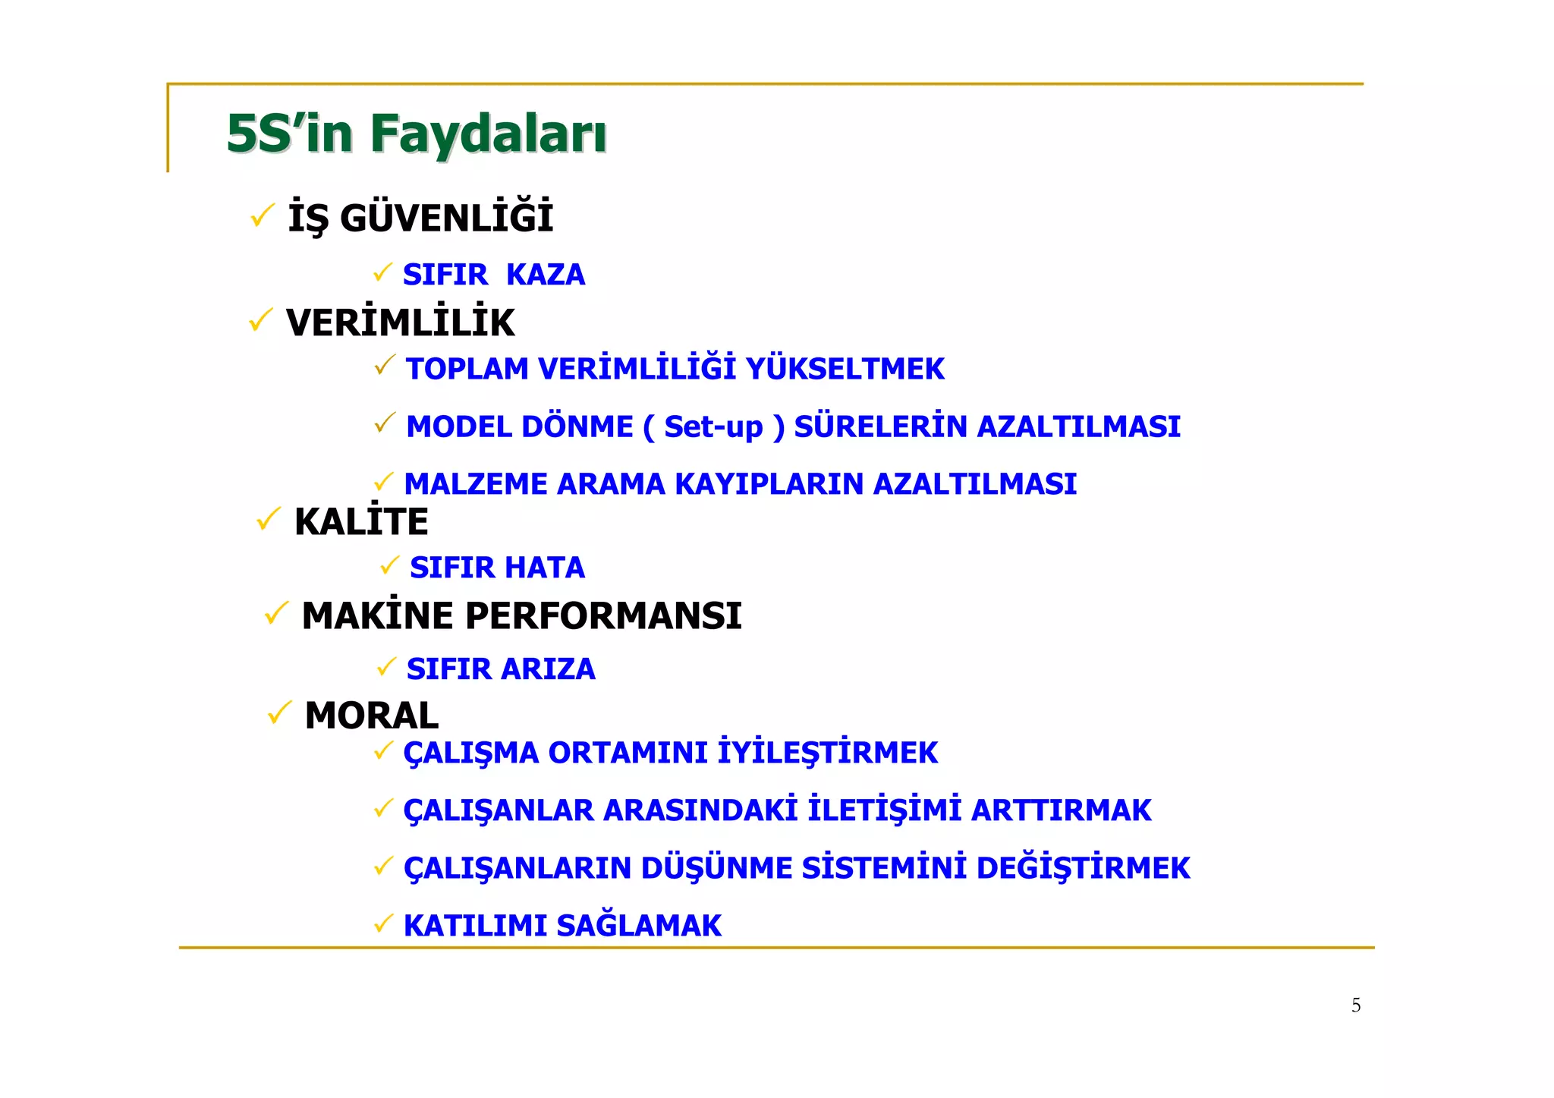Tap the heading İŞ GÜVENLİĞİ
pyautogui.click(x=420, y=219)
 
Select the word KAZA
pyautogui.click(x=545, y=275)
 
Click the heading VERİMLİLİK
pyautogui.click(x=400, y=323)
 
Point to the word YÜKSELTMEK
pyautogui.click(x=845, y=370)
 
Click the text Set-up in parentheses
pyautogui.click(x=713, y=427)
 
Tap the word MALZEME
pyautogui.click(x=475, y=484)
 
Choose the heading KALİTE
pyautogui.click(x=361, y=522)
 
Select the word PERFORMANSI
pyautogui.click(x=603, y=615)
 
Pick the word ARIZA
pyautogui.click(x=548, y=669)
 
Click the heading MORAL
pyautogui.click(x=371, y=716)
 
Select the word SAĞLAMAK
pyautogui.click(x=638, y=926)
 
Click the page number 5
pyautogui.click(x=1356, y=1005)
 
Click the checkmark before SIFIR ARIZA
pyautogui.click(x=387, y=667)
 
